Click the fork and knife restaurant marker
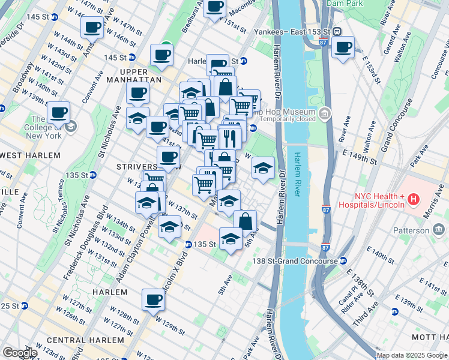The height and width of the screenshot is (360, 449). point(230,137)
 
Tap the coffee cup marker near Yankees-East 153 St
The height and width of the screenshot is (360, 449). point(343,48)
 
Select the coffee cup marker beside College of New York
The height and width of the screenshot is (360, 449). point(59,113)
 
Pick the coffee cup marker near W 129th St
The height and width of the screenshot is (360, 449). point(153,299)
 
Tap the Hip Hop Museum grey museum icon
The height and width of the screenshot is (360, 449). point(325,112)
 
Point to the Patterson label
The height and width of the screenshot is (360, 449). point(411,230)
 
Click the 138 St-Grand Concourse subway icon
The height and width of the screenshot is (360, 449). point(343,261)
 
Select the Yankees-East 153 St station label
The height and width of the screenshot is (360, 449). point(292,31)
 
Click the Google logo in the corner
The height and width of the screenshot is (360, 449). point(19,353)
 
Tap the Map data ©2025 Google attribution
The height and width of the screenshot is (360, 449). point(412,355)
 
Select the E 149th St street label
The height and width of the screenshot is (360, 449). point(359,161)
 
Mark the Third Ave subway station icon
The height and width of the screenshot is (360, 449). point(394,311)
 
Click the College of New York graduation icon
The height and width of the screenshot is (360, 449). point(71,126)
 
